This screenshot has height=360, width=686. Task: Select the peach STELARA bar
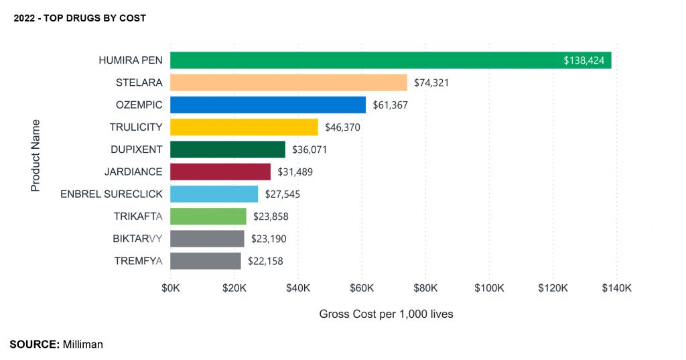click(289, 82)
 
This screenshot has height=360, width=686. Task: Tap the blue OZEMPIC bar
click(268, 105)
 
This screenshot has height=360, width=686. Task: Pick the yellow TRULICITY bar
click(244, 127)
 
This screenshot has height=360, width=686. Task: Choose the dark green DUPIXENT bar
click(228, 149)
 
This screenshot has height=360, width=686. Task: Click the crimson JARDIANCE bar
click(220, 172)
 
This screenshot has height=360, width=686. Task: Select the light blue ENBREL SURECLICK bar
click(214, 194)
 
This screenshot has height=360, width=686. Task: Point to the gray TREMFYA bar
click(206, 261)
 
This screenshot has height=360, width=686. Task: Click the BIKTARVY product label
click(137, 239)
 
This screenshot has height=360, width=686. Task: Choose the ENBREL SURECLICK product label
click(111, 194)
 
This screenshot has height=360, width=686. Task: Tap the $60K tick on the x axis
click(362, 288)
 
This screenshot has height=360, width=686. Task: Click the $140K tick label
click(616, 288)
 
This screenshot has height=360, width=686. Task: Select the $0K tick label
click(171, 288)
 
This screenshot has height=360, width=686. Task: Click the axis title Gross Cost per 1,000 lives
click(386, 314)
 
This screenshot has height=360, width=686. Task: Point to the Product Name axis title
click(36, 156)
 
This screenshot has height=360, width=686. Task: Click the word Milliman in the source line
click(83, 344)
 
